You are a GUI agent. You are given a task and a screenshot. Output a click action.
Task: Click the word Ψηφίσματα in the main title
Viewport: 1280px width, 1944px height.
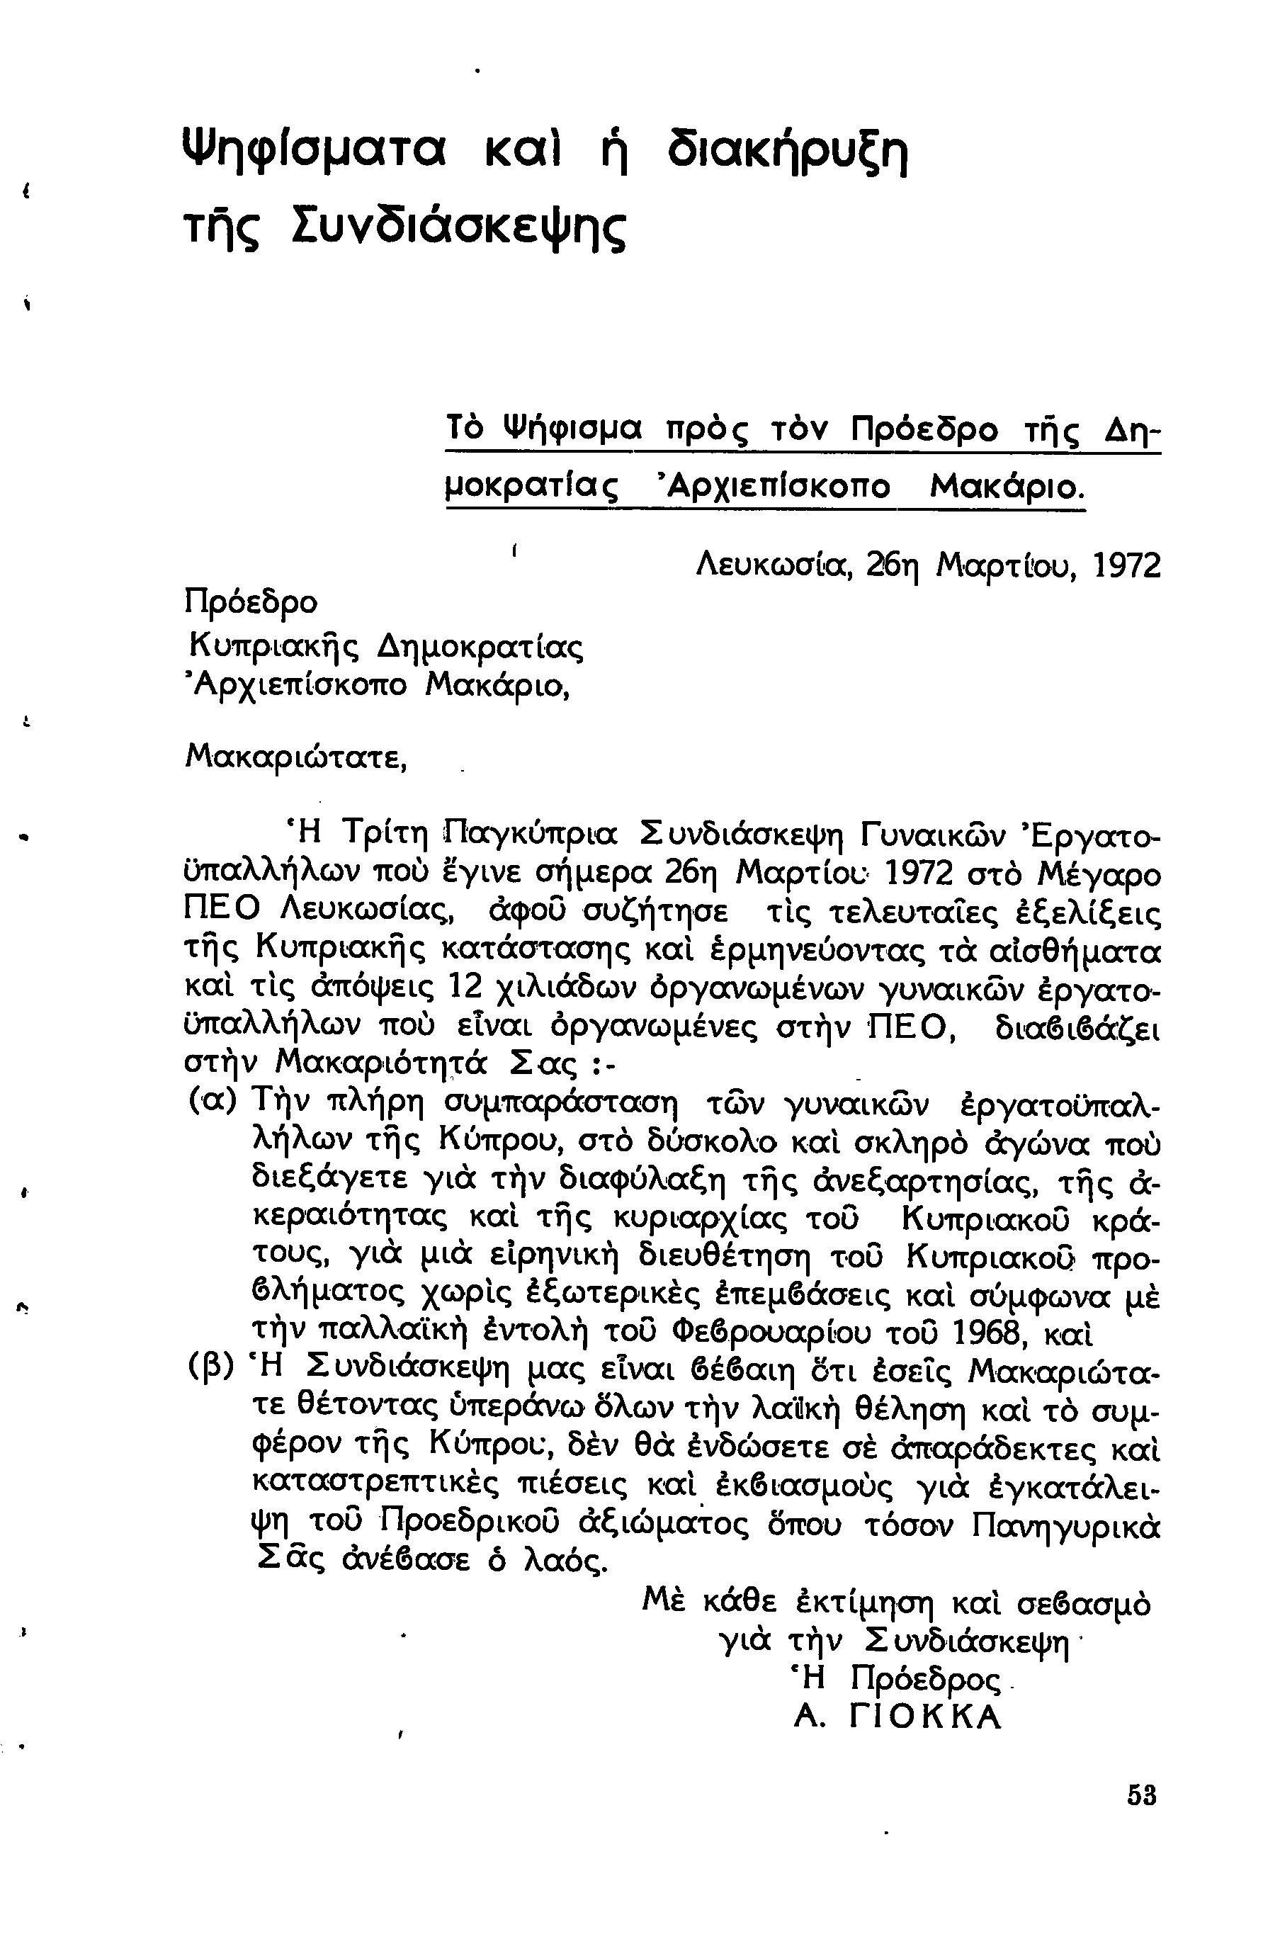coord(312,152)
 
